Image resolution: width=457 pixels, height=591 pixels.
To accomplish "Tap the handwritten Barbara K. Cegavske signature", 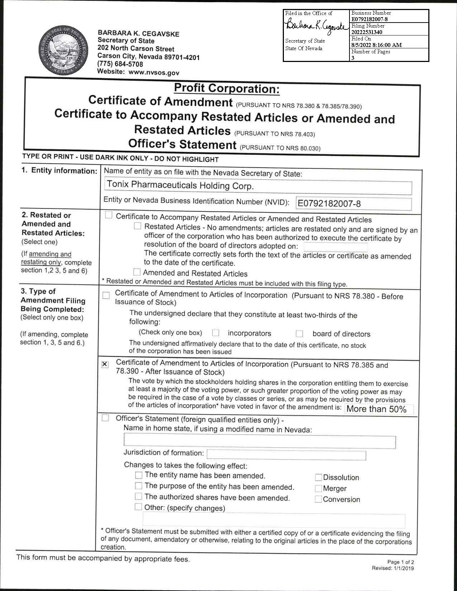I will click(315, 26).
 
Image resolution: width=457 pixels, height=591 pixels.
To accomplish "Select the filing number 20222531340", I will click(367, 32).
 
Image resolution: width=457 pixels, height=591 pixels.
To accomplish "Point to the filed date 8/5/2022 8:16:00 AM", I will click(376, 45).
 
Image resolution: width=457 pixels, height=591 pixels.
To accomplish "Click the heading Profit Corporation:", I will click(227, 88).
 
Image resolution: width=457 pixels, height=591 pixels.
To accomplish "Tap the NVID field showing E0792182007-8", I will click(353, 204).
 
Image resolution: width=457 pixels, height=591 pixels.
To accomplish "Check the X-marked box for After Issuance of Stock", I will click(105, 365).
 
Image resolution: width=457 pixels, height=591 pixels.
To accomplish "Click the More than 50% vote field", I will click(379, 409).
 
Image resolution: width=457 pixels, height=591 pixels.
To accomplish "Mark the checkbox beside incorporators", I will click(215, 333).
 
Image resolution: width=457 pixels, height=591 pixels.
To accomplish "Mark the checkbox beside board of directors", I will click(299, 334).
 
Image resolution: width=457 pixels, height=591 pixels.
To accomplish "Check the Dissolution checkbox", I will click(318, 477).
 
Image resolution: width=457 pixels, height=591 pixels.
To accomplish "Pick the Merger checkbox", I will click(318, 489).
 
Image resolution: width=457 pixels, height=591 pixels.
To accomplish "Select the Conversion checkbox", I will click(318, 499).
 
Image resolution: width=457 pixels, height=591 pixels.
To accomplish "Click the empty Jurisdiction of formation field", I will click(286, 455).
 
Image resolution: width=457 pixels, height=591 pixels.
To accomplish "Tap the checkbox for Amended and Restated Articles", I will click(137, 272).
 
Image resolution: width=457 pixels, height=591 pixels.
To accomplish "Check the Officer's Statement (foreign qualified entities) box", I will click(105, 418).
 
